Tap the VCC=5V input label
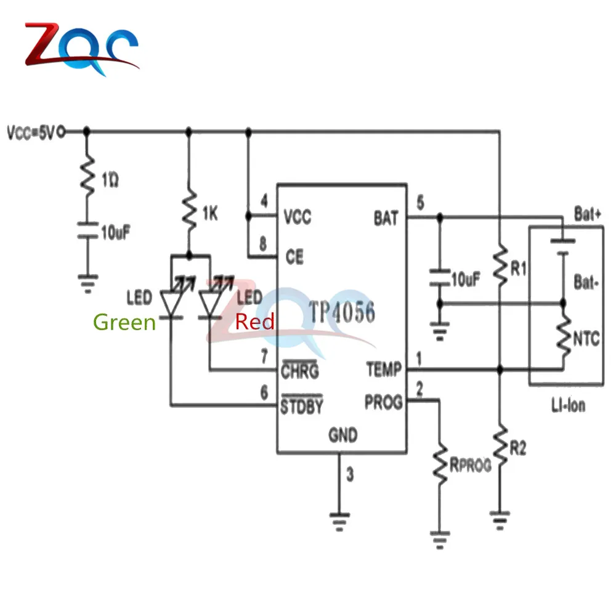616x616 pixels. pyautogui.click(x=31, y=132)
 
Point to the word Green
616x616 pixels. pyautogui.click(x=124, y=322)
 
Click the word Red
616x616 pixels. pyautogui.click(x=254, y=322)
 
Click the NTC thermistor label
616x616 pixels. pyautogui.click(x=586, y=338)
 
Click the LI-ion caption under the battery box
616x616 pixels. pyautogui.click(x=567, y=405)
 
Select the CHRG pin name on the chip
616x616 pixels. pyautogui.click(x=300, y=371)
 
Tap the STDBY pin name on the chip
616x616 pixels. pyautogui.click(x=302, y=407)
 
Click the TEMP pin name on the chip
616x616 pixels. pyautogui.click(x=383, y=370)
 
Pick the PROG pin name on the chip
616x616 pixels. pyautogui.click(x=383, y=402)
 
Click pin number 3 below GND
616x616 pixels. pyautogui.click(x=350, y=475)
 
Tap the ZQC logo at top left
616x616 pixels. pyautogui.click(x=80, y=49)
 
